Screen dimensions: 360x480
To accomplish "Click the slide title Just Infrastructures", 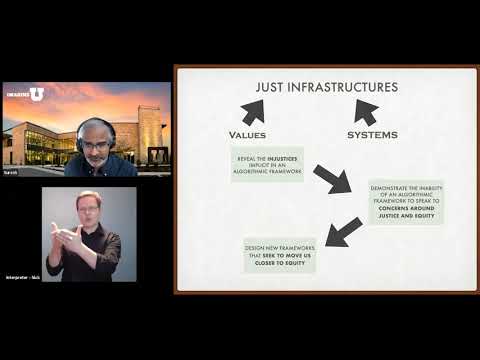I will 326,87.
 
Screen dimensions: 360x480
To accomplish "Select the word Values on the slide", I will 248,134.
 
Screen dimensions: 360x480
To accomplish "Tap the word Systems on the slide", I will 372,134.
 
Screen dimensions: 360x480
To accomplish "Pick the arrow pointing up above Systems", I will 365,111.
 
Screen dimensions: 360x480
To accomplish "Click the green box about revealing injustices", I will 266,164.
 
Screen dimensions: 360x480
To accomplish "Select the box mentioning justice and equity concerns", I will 405,201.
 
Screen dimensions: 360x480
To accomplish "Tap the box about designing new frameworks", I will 280,255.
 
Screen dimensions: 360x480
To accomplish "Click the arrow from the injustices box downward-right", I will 332,179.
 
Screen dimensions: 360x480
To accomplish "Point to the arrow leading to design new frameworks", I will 344,232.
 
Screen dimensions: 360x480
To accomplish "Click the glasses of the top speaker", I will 96,144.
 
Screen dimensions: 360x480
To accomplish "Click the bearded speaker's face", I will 97,146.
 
